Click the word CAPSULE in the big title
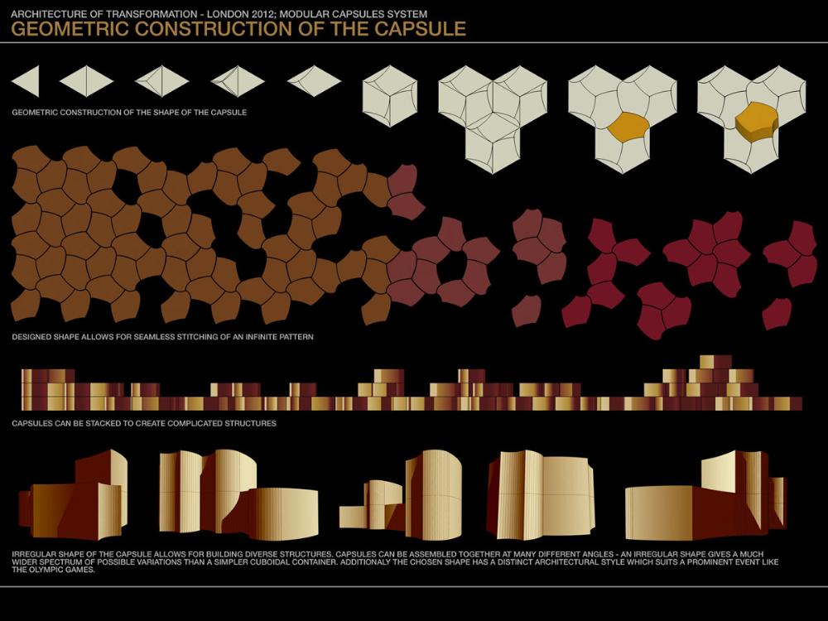pos(426,30)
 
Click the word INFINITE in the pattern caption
pos(253,338)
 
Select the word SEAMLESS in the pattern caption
pos(145,338)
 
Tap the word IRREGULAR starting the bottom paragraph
pos(39,553)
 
